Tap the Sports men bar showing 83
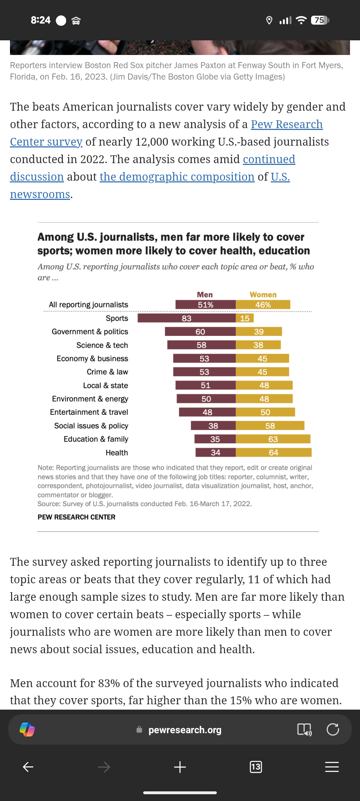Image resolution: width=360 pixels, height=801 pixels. point(186,318)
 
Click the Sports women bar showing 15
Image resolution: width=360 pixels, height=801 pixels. point(245,318)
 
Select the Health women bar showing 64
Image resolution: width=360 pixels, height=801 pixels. point(274,453)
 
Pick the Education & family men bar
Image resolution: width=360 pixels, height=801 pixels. point(215,439)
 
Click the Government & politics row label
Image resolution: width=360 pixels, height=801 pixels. point(90,332)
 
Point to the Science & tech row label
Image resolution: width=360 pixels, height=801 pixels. point(102,345)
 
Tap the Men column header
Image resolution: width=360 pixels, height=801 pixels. point(205,294)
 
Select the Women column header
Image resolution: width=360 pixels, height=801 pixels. point(263,294)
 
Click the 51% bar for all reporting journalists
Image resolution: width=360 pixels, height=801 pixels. point(205,305)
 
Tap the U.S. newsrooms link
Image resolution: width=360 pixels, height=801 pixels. point(40,194)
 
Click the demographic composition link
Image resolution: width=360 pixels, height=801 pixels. point(177,177)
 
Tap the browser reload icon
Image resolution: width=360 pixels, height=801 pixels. point(332,729)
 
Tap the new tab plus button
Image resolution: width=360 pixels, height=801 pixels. point(180,767)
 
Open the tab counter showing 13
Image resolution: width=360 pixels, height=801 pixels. point(256,767)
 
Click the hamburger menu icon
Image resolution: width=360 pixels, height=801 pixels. point(332,767)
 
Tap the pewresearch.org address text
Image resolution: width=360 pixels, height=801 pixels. point(185,730)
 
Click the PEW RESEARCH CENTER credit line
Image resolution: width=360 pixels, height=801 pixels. point(76,517)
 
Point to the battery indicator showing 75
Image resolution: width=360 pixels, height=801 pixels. point(319,20)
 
